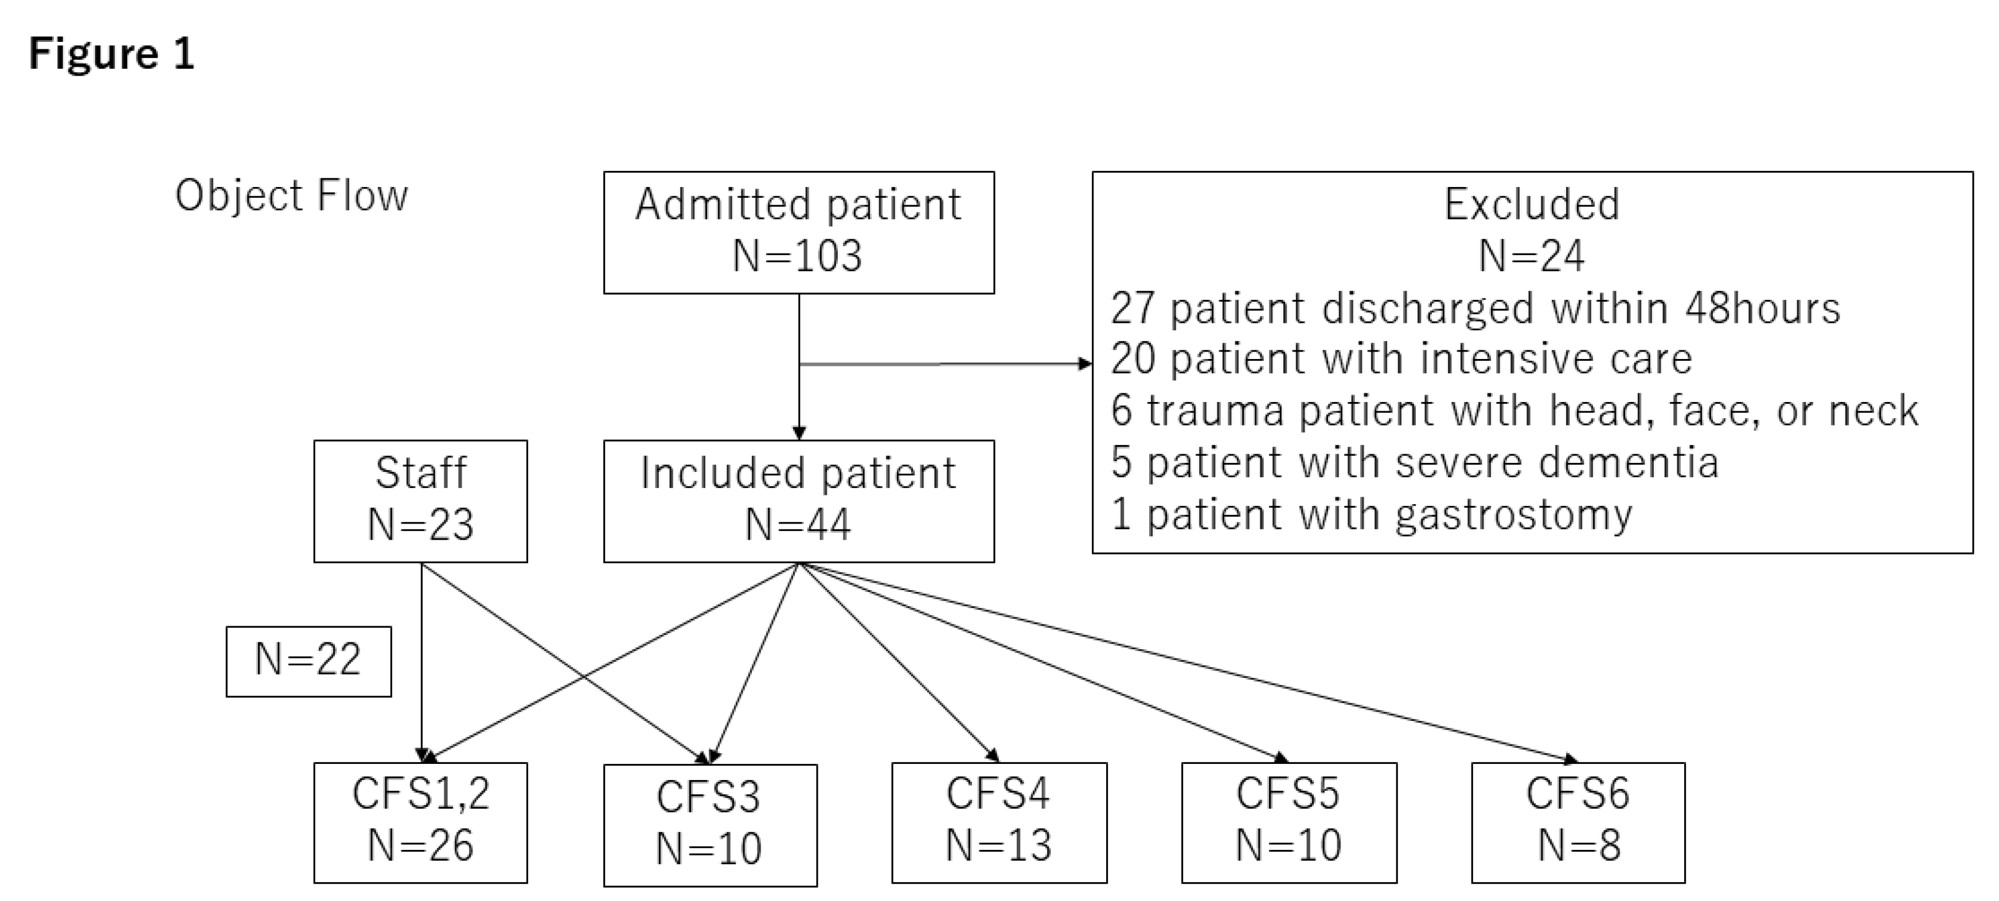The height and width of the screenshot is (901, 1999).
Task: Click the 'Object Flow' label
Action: coord(291,196)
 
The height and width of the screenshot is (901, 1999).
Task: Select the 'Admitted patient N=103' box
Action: coord(799,232)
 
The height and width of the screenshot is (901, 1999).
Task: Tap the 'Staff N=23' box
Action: coord(420,501)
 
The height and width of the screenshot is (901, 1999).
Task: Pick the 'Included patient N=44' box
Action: coord(799,501)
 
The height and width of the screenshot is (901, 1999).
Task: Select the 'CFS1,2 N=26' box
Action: coord(420,821)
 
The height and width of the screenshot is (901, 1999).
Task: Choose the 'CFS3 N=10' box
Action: coord(709,824)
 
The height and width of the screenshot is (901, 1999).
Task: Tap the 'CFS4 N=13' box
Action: coord(999,821)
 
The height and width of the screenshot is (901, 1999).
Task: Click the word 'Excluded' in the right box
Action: coord(1531,204)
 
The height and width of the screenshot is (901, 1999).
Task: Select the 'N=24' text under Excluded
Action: coord(1531,256)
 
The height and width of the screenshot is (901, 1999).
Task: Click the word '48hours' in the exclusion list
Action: coord(1762,308)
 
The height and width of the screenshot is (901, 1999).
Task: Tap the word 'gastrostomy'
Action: coord(1513,515)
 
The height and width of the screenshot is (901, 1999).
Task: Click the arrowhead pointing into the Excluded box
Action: coord(1085,363)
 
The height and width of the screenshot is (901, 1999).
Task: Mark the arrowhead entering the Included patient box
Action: coord(799,433)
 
